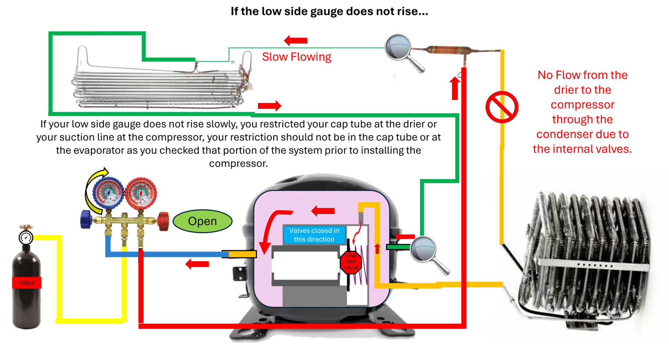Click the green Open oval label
point(202,221)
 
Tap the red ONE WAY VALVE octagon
point(351,262)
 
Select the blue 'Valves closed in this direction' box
point(314,235)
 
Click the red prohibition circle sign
point(501,107)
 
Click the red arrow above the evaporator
point(295,41)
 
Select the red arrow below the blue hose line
point(197,263)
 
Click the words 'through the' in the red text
point(582,121)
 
